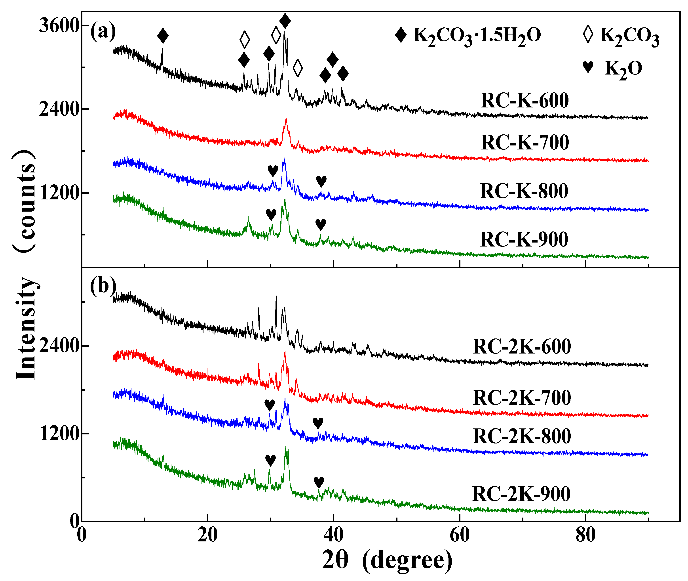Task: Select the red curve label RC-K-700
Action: click(525, 142)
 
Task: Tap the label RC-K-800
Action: click(524, 191)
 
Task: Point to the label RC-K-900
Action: click(524, 239)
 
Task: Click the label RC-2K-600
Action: click(522, 346)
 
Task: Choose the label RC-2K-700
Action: click(522, 398)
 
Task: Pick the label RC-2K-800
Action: click(522, 436)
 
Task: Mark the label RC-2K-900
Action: click(521, 494)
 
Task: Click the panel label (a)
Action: click(103, 31)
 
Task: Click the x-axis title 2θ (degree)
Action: click(387, 560)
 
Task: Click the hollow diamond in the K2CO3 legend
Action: click(588, 34)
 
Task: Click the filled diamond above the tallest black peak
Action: click(285, 21)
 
